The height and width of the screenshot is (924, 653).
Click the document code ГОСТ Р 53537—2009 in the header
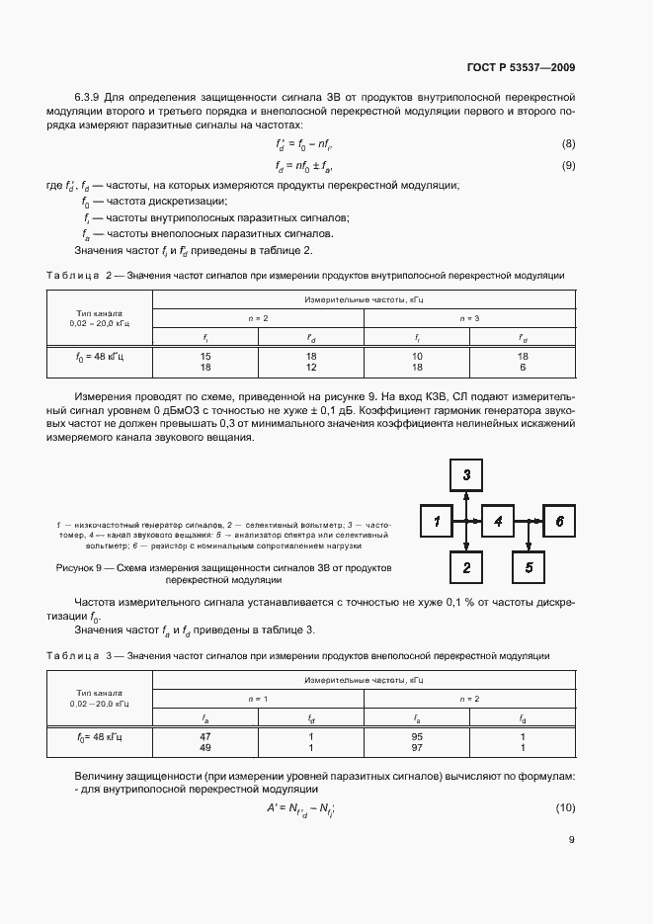pyautogui.click(x=521, y=68)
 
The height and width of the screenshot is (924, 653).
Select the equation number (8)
pyautogui.click(x=568, y=144)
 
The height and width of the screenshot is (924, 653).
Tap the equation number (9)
pyautogui.click(x=568, y=165)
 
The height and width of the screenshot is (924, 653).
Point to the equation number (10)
pyautogui.click(x=566, y=809)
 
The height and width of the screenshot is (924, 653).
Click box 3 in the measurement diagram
pyautogui.click(x=466, y=475)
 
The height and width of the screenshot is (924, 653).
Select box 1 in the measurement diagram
pyautogui.click(x=436, y=521)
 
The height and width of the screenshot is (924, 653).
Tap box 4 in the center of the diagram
pyautogui.click(x=498, y=521)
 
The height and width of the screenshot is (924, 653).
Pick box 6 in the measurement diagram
pyautogui.click(x=559, y=521)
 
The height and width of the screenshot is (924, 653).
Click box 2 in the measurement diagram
pyautogui.click(x=466, y=566)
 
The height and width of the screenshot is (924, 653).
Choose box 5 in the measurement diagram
pyautogui.click(x=529, y=566)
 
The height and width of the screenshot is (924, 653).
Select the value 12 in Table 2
pyautogui.click(x=310, y=367)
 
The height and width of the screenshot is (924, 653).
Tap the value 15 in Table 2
pyautogui.click(x=205, y=356)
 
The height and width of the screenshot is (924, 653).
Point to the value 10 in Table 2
pyautogui.click(x=418, y=356)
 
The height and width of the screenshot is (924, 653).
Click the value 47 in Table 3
pyautogui.click(x=204, y=736)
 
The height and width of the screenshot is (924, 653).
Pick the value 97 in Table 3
pyautogui.click(x=418, y=747)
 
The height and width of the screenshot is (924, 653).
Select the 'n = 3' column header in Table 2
pyautogui.click(x=470, y=318)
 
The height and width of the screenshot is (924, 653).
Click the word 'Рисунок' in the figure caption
pyautogui.click(x=75, y=568)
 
